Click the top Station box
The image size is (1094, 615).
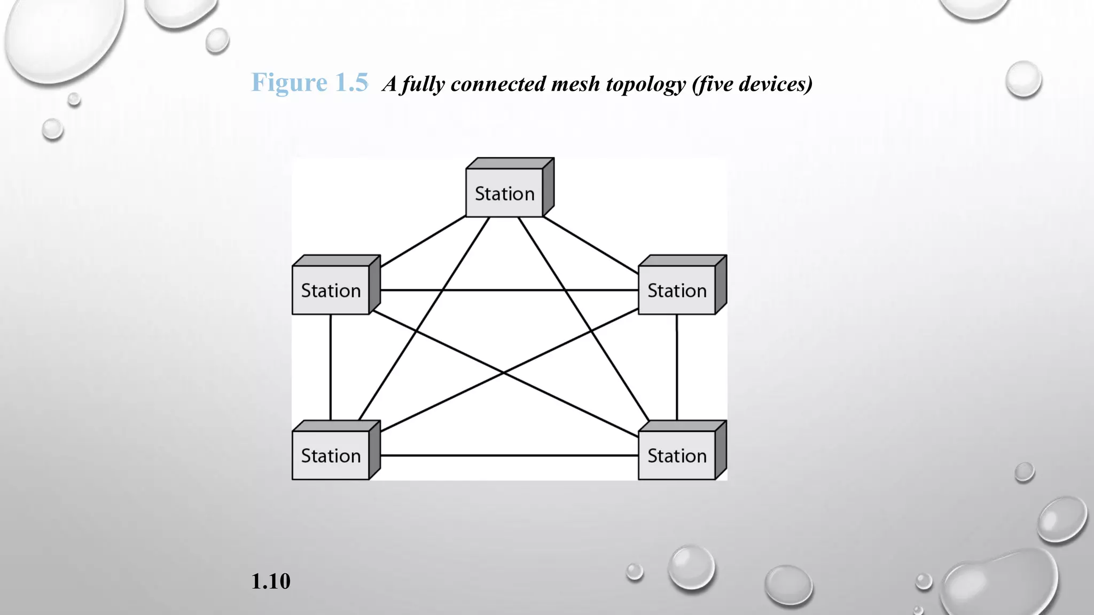coord(505,193)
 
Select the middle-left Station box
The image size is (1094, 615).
coord(331,290)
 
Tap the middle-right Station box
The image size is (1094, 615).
coord(677,290)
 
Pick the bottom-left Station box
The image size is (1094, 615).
coord(331,455)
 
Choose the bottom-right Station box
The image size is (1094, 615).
coord(677,455)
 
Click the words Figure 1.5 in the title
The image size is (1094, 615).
coord(310,82)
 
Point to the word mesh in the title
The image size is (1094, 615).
coord(576,84)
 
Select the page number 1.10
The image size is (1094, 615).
coord(271,581)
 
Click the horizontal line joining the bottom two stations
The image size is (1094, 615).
coord(509,455)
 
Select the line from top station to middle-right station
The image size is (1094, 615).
coord(590,245)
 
